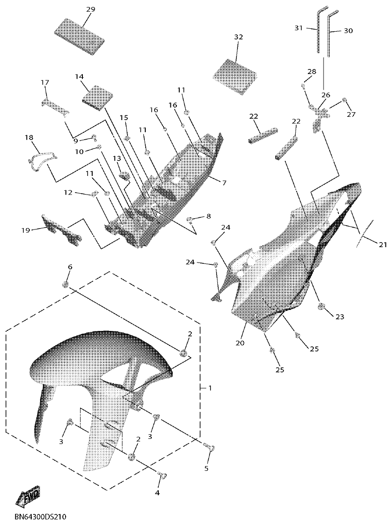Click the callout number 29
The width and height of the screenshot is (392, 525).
tap(91, 9)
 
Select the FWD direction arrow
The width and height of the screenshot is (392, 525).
tap(28, 498)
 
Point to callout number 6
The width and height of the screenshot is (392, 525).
tap(70, 267)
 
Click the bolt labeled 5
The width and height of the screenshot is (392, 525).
tap(210, 448)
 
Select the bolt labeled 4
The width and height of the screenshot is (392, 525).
tap(162, 475)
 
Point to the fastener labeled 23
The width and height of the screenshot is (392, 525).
tap(321, 306)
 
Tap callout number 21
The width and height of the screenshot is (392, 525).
tap(382, 244)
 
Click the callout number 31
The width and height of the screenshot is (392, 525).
tap(298, 28)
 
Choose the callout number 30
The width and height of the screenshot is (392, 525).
tap(348, 31)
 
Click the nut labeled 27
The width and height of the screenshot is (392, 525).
tap(345, 101)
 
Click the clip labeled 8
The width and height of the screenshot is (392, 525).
tap(190, 220)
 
